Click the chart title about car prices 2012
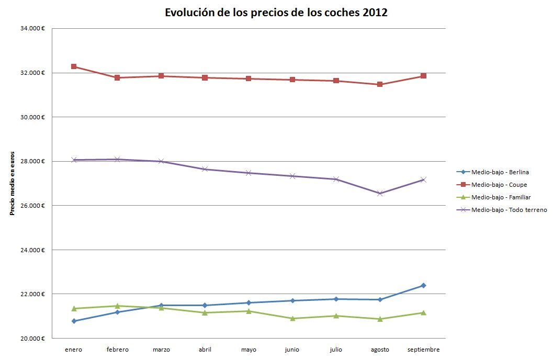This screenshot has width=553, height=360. [x=276, y=13]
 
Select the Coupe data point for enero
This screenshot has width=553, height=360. [x=74, y=66]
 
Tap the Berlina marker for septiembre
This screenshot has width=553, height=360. [x=423, y=285]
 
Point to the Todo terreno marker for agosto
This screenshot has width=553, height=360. [x=380, y=193]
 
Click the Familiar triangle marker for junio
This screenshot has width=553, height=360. [x=292, y=318]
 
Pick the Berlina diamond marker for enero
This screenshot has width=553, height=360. [x=74, y=321]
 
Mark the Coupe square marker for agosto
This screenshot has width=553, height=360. [x=380, y=84]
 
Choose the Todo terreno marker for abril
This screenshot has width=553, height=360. [x=205, y=169]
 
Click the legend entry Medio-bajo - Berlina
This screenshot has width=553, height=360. [x=500, y=172]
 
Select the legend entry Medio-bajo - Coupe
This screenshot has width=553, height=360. [x=499, y=185]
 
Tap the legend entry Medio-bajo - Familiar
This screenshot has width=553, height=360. [x=501, y=197]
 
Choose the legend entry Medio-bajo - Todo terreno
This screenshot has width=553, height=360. [x=509, y=210]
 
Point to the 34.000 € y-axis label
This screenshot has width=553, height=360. [x=33, y=28]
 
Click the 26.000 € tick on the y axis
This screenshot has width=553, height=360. [x=33, y=205]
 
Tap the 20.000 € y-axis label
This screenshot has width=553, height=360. [x=33, y=338]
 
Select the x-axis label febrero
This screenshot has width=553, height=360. [x=117, y=350]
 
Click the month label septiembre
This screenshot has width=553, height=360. [x=423, y=350]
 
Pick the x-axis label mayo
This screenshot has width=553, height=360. [x=249, y=350]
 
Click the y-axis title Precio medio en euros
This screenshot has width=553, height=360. [x=12, y=183]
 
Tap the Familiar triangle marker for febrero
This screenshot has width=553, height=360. [x=117, y=306]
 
